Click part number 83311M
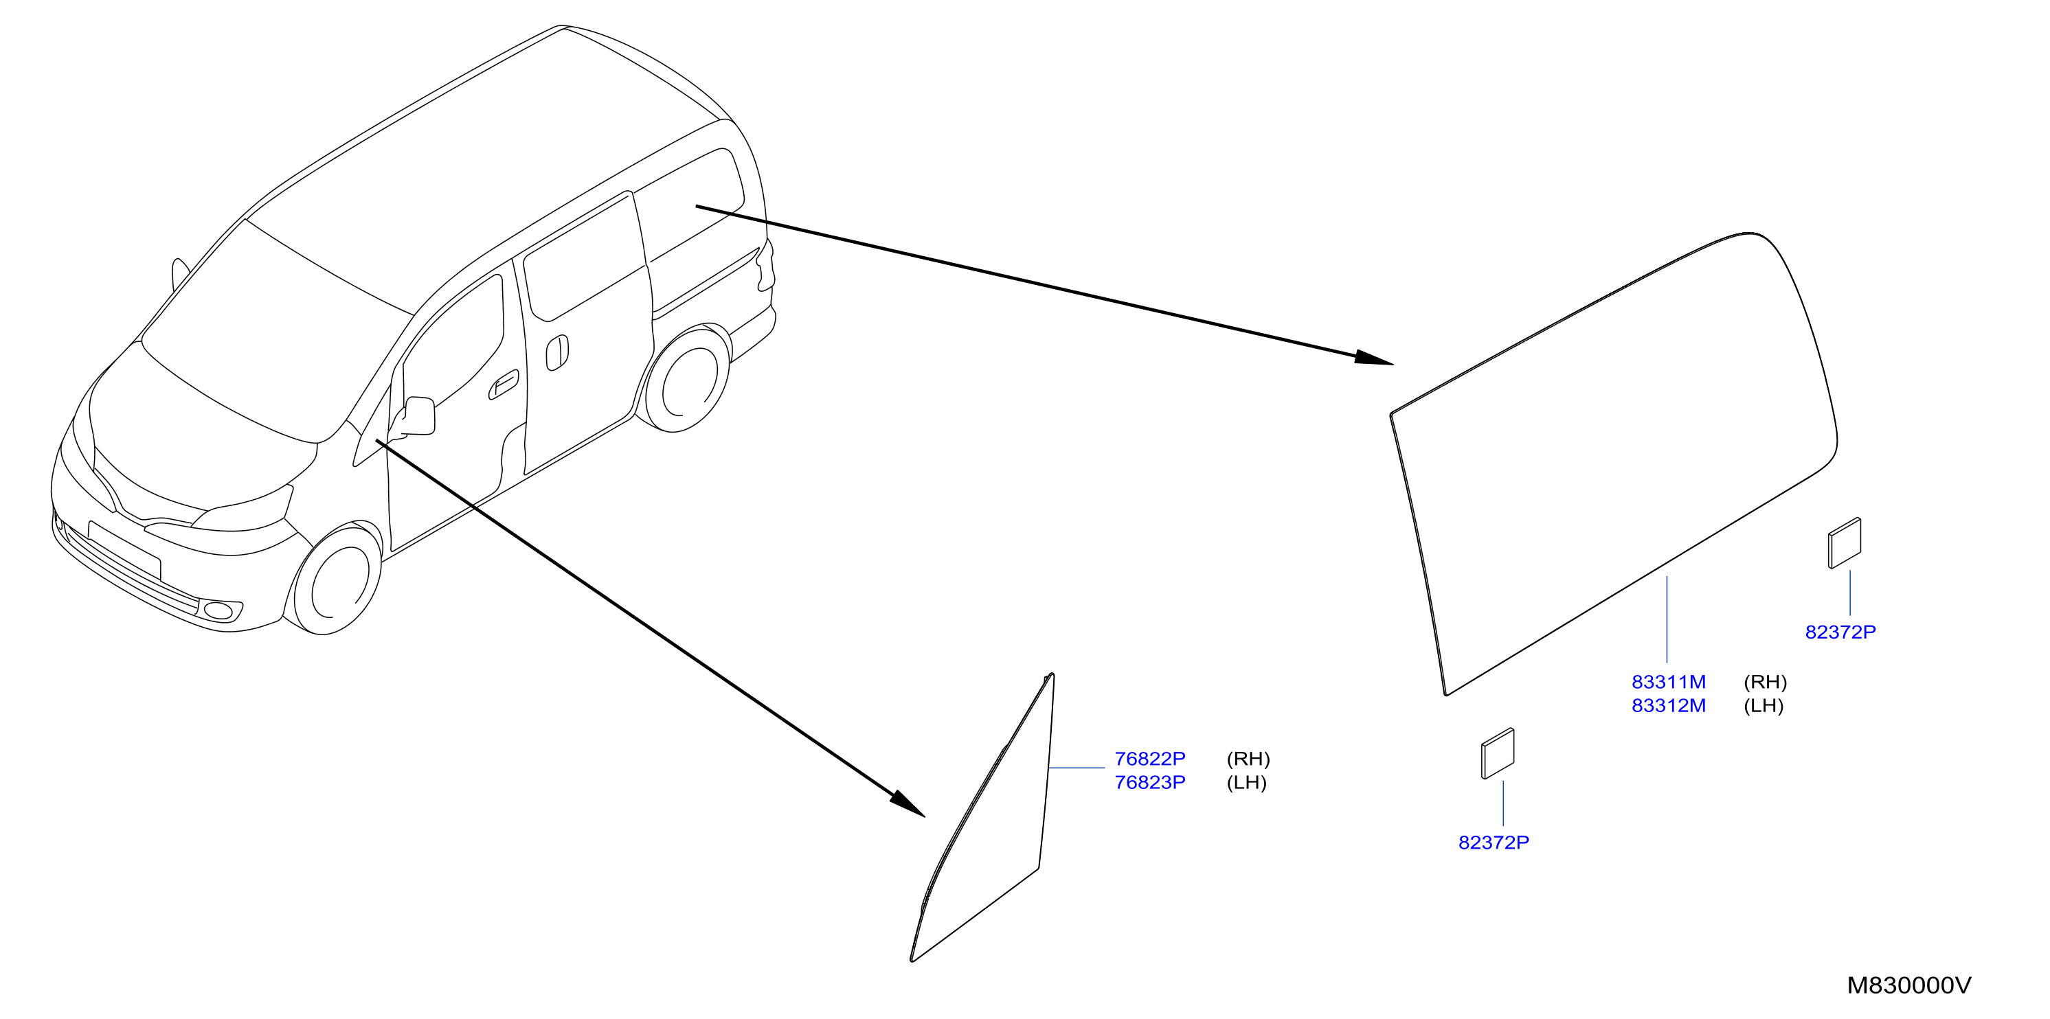1668,682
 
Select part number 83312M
1668,706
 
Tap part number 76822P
1149,759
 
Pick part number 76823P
1149,783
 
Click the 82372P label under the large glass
1493,843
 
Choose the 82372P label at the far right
1840,632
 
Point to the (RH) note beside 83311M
1765,682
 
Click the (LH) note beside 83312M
1764,706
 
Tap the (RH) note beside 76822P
1248,759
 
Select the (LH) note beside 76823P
1246,783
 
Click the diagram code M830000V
1908,985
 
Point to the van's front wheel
337,582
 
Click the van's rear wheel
687,380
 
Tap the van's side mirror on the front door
417,416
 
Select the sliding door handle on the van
557,353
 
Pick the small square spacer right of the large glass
1845,543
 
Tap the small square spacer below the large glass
1498,753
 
